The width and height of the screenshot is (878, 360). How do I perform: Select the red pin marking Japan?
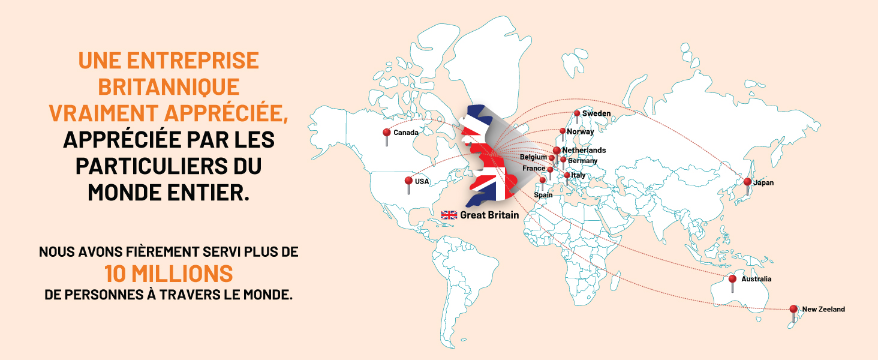[747, 182]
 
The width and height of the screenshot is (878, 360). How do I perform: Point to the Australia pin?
[732, 280]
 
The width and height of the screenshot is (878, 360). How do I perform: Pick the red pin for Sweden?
[577, 113]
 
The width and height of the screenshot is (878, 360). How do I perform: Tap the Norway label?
[580, 132]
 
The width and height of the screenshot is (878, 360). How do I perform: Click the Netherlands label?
[584, 150]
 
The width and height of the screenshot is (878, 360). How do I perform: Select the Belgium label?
[533, 157]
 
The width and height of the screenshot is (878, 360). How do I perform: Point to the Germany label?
[582, 161]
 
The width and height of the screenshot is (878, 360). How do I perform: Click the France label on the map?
[534, 169]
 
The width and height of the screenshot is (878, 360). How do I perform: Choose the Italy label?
[578, 175]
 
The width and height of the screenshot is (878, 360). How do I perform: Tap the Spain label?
[543, 195]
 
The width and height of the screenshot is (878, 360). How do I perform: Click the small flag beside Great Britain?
[449, 215]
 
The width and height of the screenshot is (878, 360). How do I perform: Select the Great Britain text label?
[489, 215]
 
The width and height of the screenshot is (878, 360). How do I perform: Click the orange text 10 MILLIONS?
[169, 274]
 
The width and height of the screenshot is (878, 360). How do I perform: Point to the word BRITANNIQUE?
[169, 86]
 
